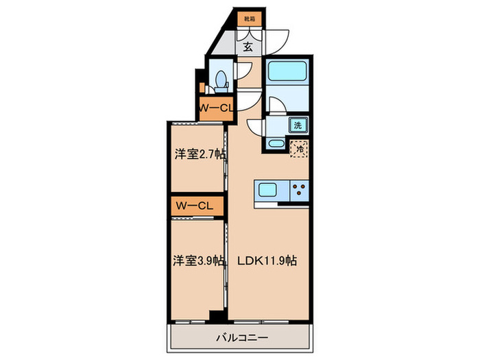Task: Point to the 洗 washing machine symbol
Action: point(298,125)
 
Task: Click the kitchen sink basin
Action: point(267,191)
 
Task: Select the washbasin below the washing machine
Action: point(274,143)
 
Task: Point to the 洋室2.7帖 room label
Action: point(197,155)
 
